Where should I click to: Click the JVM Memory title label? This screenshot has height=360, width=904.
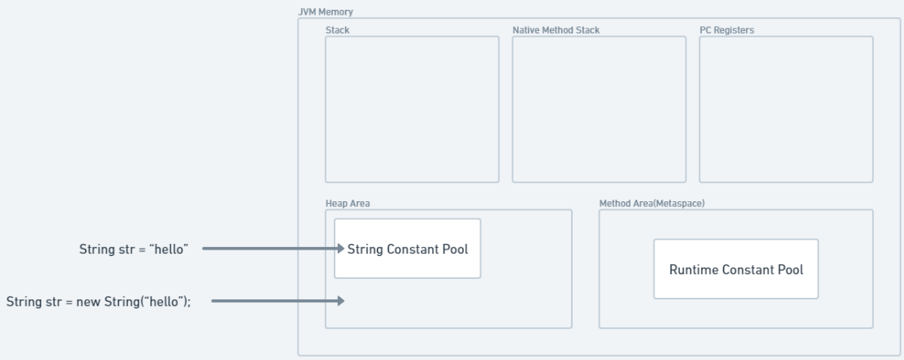[x=325, y=11]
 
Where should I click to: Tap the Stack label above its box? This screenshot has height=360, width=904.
[x=337, y=30]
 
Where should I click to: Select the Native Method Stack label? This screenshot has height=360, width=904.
[x=555, y=30]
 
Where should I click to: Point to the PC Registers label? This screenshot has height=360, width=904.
[x=726, y=30]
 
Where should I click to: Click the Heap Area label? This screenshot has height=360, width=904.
[x=348, y=203]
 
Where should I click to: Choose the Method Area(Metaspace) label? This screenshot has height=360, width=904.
[x=651, y=203]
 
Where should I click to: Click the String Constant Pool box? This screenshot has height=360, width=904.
[x=407, y=249]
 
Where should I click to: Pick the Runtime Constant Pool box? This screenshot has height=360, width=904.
[x=735, y=269]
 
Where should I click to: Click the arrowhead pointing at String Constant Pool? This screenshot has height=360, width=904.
[x=340, y=249]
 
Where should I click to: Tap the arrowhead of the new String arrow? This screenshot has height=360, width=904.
[x=340, y=300]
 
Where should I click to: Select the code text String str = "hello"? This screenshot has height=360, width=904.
[x=133, y=250]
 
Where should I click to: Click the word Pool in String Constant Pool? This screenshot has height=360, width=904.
[x=455, y=249]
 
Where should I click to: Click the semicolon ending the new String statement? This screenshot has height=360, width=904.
[x=188, y=303]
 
